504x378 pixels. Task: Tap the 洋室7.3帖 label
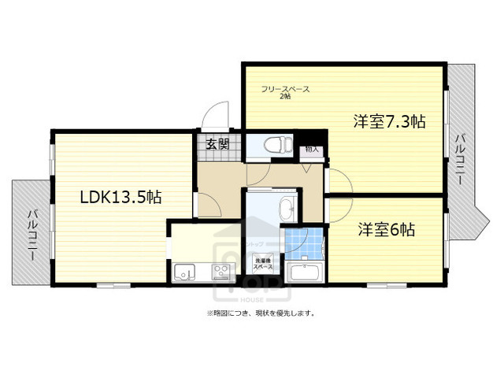click(389, 121)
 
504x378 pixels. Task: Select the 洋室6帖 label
click(387, 230)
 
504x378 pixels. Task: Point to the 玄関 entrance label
click(217, 143)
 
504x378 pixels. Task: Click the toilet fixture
click(273, 145)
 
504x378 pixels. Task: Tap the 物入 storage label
click(312, 148)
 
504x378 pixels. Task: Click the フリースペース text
click(286, 88)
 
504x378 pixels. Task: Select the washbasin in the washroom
click(286, 209)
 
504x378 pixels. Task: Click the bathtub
click(304, 272)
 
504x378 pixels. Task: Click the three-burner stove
click(220, 273)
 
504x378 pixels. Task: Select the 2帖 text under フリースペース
click(285, 96)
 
